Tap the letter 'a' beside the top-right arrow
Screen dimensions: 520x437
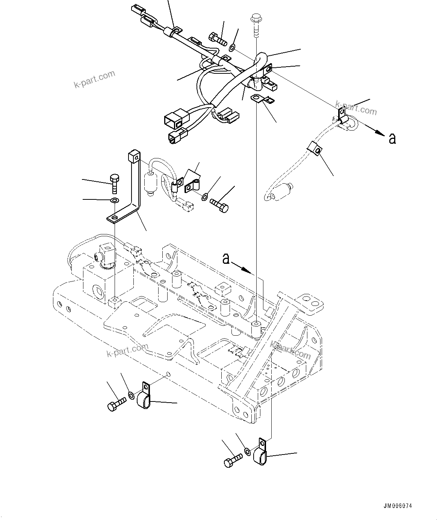[392, 139]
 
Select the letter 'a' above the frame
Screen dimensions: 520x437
[226, 258]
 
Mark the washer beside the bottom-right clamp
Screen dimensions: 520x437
[247, 451]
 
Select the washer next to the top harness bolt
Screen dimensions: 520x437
[232, 47]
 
